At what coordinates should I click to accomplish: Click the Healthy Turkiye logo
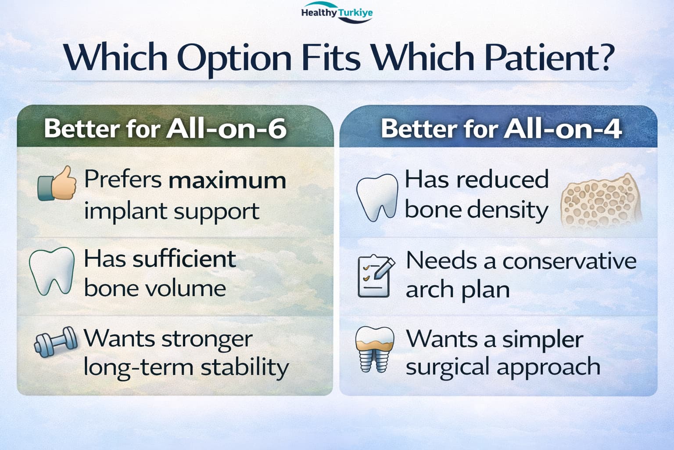pyautogui.click(x=337, y=12)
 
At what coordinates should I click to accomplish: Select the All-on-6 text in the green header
pyautogui.click(x=226, y=129)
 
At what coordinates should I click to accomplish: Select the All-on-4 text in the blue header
pyautogui.click(x=563, y=129)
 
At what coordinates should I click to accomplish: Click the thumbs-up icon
pyautogui.click(x=57, y=183)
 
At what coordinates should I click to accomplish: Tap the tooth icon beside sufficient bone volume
pyautogui.click(x=52, y=271)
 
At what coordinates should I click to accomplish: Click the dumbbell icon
pyautogui.click(x=56, y=342)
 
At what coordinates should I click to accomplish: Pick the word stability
pyautogui.click(x=245, y=368)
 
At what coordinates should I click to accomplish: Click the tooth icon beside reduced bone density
pyautogui.click(x=377, y=198)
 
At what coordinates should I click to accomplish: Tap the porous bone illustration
pyautogui.click(x=601, y=200)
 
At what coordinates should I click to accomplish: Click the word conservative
pyautogui.click(x=569, y=261)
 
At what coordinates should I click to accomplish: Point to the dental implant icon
pyautogui.click(x=375, y=349)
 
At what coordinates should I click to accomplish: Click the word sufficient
pyautogui.click(x=184, y=259)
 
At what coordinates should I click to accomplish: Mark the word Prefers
pyautogui.click(x=123, y=179)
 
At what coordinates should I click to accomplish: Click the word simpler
pyautogui.click(x=543, y=340)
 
